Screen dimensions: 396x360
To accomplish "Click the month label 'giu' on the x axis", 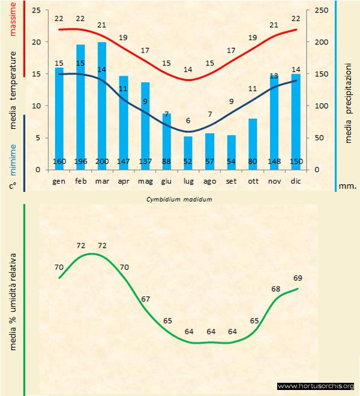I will point(167,180).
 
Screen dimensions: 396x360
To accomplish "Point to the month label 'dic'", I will point(296,180).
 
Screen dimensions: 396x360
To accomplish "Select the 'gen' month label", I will point(59,180).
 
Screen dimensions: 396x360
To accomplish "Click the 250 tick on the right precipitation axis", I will point(322,10).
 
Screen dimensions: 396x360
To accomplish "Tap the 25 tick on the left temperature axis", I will point(35,10).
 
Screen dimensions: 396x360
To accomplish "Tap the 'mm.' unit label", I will point(347,186).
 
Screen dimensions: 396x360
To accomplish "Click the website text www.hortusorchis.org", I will point(316,386).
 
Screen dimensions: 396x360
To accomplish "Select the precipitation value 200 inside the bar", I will point(102,161).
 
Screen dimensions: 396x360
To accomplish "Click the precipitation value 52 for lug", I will point(188,161).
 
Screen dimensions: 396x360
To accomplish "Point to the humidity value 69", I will point(298,278).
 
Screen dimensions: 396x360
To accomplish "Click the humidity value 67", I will point(146,299).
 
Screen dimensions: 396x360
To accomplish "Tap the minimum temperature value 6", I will point(188,121).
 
